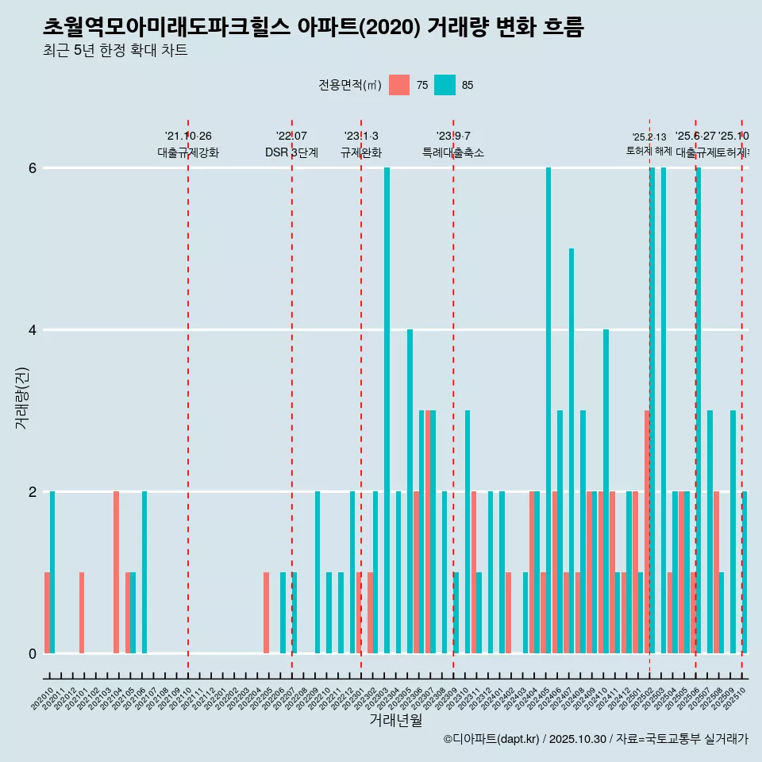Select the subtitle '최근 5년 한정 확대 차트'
click(x=115, y=52)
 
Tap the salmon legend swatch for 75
click(x=399, y=85)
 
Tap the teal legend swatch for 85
click(x=444, y=85)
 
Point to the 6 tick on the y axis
click(x=33, y=168)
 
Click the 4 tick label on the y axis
click(x=33, y=330)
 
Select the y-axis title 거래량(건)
click(x=21, y=397)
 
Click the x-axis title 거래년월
click(x=395, y=720)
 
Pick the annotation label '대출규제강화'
click(x=188, y=152)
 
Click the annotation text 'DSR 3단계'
click(x=291, y=152)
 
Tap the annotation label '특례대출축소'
click(x=452, y=152)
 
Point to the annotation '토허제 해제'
click(x=648, y=151)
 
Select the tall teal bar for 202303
click(x=387, y=410)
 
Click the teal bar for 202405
click(x=548, y=410)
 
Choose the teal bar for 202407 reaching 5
click(x=571, y=451)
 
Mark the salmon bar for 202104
click(x=116, y=572)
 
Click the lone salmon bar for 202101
click(x=82, y=613)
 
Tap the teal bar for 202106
click(x=144, y=572)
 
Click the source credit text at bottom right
click(x=595, y=739)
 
